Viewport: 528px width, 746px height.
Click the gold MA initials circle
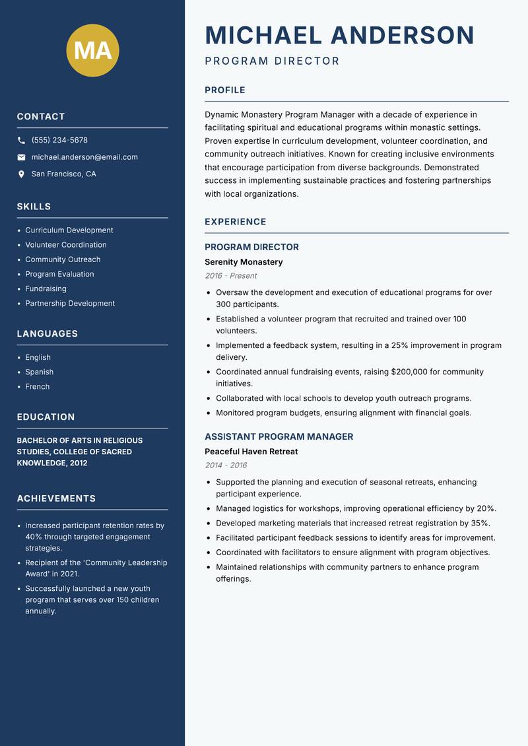(93, 50)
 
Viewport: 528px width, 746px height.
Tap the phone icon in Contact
(21, 141)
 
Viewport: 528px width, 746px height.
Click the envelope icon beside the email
(21, 157)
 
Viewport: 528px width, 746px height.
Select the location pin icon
(21, 174)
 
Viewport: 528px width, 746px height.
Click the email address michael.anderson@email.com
(84, 157)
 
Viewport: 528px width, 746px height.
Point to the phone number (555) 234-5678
(59, 141)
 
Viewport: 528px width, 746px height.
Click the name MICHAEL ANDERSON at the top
(339, 35)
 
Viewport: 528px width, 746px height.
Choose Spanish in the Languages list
(39, 372)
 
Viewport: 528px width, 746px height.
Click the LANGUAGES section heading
(48, 334)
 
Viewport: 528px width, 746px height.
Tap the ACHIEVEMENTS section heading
(56, 498)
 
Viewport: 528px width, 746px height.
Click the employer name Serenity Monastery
(244, 262)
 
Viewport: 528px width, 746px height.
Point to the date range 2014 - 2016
(226, 465)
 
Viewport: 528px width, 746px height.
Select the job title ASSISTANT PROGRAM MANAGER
(279, 436)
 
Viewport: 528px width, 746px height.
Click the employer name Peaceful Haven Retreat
(251, 452)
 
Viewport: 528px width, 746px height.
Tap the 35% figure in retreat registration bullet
(480, 524)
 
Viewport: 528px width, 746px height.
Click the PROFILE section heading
(224, 90)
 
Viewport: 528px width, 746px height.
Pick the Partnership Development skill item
(70, 304)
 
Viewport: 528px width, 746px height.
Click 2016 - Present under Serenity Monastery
(230, 276)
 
